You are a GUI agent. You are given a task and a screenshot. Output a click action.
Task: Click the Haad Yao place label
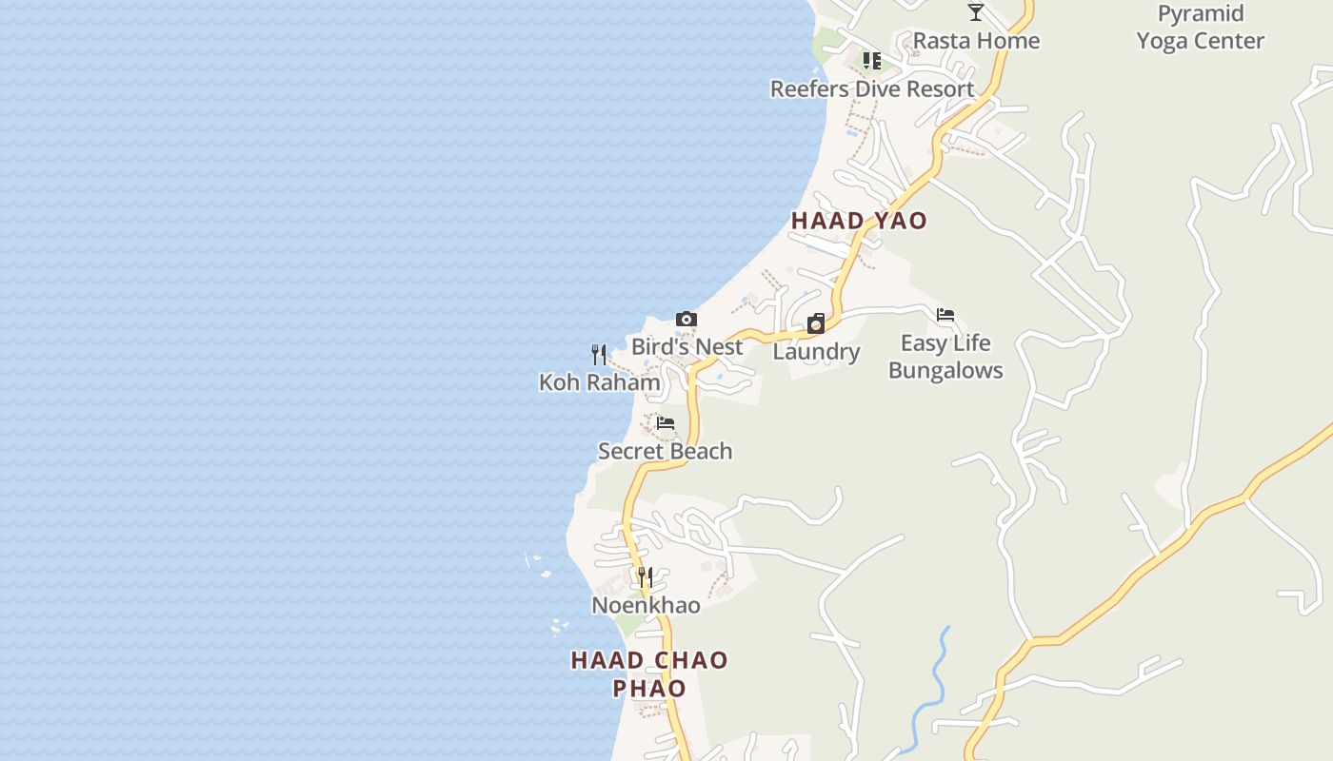click(x=859, y=221)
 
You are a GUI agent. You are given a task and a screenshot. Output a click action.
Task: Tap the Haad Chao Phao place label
click(x=649, y=673)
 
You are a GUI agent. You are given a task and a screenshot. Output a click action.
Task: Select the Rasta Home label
click(x=976, y=41)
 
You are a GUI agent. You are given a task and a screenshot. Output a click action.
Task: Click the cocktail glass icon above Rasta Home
click(x=976, y=12)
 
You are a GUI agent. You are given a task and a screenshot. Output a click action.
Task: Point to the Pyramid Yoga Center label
click(x=1200, y=28)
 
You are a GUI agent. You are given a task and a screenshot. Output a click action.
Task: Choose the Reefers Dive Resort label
click(x=872, y=89)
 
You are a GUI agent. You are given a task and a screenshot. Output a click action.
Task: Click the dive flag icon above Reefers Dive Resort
click(x=871, y=62)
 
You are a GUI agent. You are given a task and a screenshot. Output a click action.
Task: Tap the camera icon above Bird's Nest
click(x=686, y=320)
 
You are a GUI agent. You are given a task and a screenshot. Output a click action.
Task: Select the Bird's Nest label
click(x=686, y=347)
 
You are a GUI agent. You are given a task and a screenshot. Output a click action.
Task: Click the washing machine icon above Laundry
click(x=816, y=324)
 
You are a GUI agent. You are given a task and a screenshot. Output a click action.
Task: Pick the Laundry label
click(x=816, y=352)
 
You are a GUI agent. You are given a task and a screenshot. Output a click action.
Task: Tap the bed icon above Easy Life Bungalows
click(x=945, y=315)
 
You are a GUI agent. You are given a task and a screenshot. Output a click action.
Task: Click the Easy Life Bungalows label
click(x=945, y=357)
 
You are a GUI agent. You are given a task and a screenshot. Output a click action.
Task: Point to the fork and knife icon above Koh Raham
click(x=599, y=355)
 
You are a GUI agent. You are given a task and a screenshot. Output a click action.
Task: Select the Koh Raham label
click(x=599, y=382)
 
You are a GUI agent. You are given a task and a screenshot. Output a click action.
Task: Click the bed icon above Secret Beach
click(x=666, y=423)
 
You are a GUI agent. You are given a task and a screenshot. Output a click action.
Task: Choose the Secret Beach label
click(x=665, y=451)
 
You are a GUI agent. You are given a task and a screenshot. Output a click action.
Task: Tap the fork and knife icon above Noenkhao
click(x=646, y=577)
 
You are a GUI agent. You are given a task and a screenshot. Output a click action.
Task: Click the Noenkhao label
click(x=646, y=606)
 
